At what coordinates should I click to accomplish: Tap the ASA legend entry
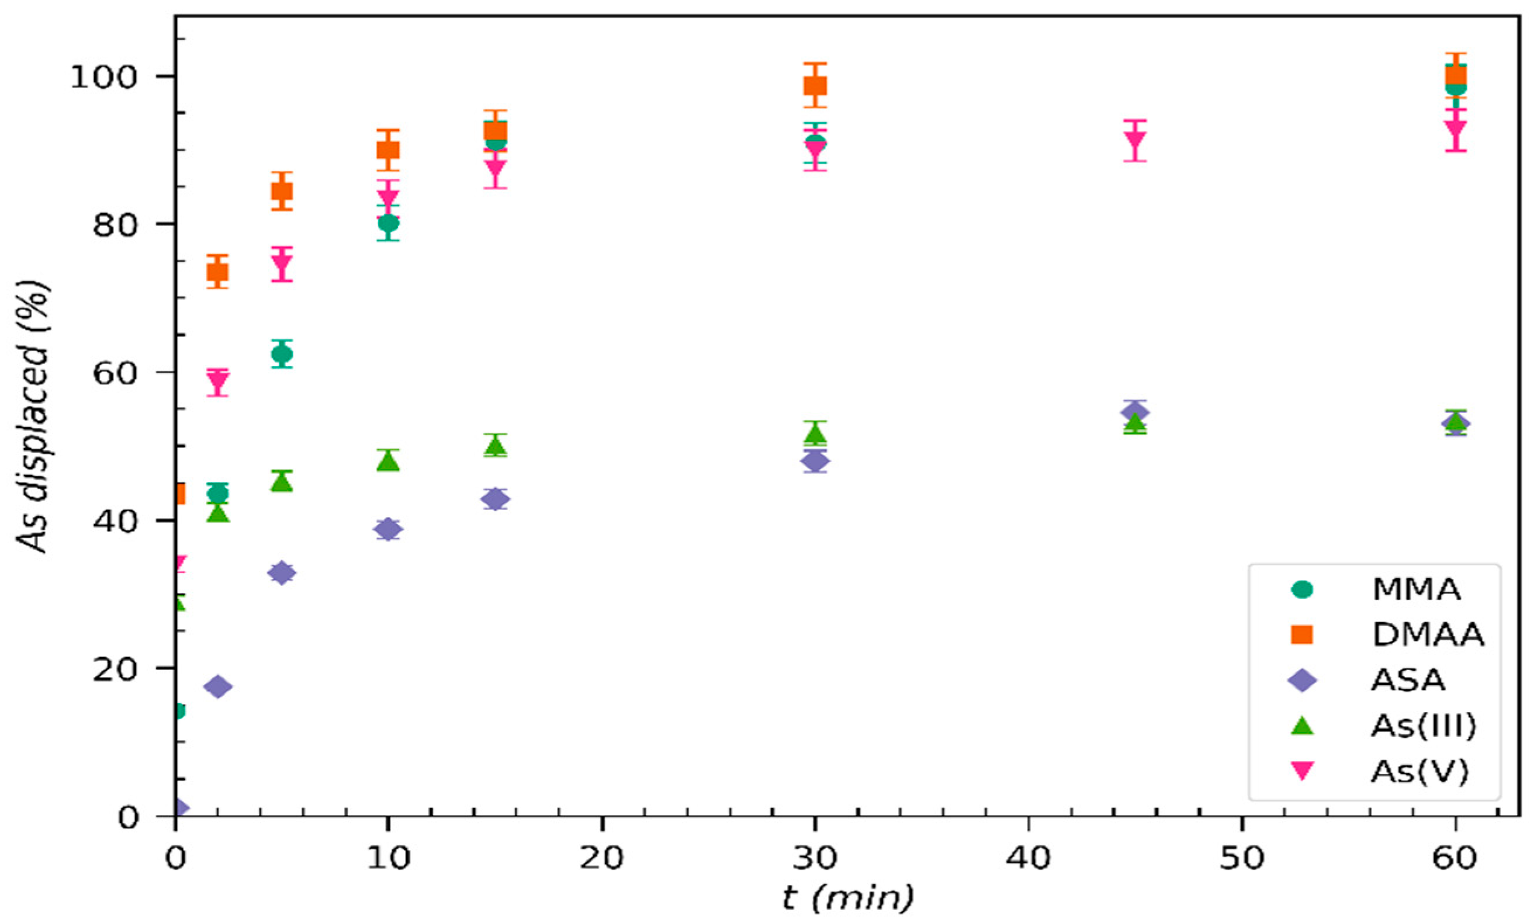click(x=1408, y=681)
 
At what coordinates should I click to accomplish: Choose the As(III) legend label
click(x=1422, y=726)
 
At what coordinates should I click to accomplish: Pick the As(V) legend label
click(x=1419, y=772)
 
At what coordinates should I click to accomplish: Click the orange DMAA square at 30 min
click(x=815, y=85)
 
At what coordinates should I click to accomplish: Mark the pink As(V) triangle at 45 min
click(x=1135, y=140)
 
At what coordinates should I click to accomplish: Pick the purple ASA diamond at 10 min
click(x=388, y=529)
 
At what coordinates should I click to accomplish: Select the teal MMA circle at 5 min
click(x=281, y=355)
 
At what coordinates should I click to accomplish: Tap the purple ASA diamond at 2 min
click(x=217, y=686)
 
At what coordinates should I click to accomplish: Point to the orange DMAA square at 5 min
click(x=281, y=191)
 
